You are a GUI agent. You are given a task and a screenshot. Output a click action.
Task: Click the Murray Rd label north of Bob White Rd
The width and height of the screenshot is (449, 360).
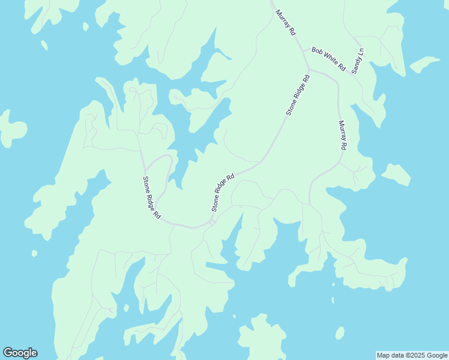point(286,22)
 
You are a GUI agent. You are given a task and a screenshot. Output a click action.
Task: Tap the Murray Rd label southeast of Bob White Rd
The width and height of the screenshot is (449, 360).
point(343,135)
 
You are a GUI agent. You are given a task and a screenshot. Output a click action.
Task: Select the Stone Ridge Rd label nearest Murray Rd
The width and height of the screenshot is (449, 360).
point(298,95)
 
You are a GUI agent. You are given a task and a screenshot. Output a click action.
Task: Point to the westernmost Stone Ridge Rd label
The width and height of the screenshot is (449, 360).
point(152,197)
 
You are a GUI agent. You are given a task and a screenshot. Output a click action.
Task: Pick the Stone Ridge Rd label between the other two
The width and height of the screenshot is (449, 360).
point(223,193)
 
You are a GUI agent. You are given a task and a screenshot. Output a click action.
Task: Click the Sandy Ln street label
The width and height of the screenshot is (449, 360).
point(358,61)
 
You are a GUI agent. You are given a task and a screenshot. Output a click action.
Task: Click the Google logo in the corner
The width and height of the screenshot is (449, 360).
point(20,353)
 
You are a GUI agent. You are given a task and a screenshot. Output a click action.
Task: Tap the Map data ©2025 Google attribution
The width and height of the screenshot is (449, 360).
point(412,355)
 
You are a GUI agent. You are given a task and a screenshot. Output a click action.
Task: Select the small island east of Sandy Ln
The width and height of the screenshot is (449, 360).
point(425,63)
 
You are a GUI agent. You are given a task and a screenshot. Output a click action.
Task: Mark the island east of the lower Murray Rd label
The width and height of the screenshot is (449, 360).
point(396,174)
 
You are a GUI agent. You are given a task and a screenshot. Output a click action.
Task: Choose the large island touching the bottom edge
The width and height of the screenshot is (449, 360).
point(262,339)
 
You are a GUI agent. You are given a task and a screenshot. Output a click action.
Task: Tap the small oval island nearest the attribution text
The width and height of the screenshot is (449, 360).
point(340,333)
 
